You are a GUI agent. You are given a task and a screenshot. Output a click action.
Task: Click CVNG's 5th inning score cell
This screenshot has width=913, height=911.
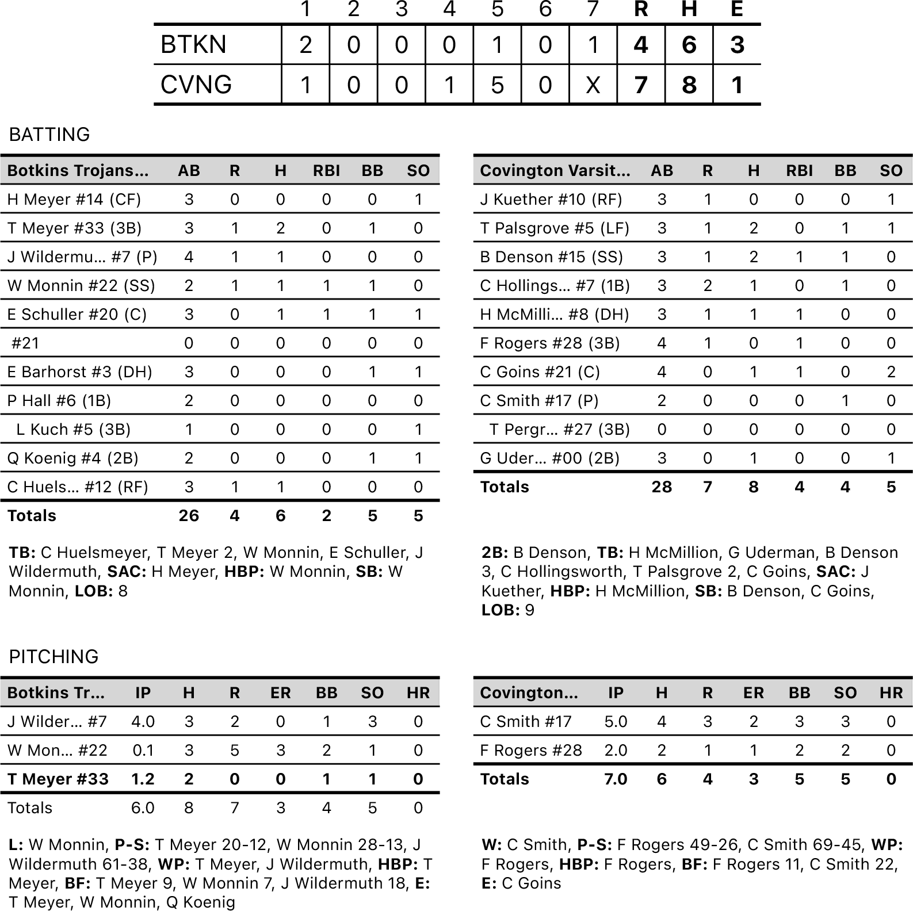click(x=497, y=85)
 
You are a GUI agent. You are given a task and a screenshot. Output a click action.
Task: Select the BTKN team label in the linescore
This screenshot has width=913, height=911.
click(x=193, y=45)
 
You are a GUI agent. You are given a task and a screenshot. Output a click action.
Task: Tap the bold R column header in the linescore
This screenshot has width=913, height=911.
click(x=641, y=9)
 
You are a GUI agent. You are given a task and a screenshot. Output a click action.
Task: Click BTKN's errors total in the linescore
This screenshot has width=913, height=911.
click(x=737, y=45)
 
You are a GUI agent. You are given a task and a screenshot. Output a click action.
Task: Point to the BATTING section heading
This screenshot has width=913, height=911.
click(x=49, y=135)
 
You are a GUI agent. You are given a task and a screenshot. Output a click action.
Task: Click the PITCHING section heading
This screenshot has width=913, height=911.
click(x=54, y=657)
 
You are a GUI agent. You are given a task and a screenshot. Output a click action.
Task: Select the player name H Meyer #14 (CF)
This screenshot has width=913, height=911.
click(x=74, y=200)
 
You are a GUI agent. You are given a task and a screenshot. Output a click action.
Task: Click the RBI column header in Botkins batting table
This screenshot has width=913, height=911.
click(x=326, y=171)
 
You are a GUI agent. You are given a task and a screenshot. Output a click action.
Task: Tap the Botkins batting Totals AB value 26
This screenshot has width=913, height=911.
click(x=189, y=516)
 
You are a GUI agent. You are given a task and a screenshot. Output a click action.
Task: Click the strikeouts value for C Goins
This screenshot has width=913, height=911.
click(x=891, y=372)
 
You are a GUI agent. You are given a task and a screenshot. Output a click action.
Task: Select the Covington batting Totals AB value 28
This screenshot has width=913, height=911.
click(x=662, y=487)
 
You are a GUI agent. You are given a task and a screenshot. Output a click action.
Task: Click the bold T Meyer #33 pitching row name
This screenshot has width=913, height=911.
click(x=58, y=779)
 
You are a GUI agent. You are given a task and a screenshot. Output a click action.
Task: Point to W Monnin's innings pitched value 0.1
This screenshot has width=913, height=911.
click(x=143, y=751)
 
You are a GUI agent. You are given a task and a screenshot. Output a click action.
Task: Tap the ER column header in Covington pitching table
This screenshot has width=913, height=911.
click(x=753, y=693)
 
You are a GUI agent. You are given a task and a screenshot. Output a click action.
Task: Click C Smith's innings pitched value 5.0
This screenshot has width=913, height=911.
click(x=616, y=722)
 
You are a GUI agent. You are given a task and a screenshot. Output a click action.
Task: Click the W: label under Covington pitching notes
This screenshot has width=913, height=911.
click(x=492, y=845)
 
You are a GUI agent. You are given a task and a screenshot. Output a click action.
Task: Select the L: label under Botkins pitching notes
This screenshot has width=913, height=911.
click(x=16, y=845)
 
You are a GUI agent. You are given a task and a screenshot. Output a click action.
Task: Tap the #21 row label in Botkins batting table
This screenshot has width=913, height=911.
click(x=26, y=343)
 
